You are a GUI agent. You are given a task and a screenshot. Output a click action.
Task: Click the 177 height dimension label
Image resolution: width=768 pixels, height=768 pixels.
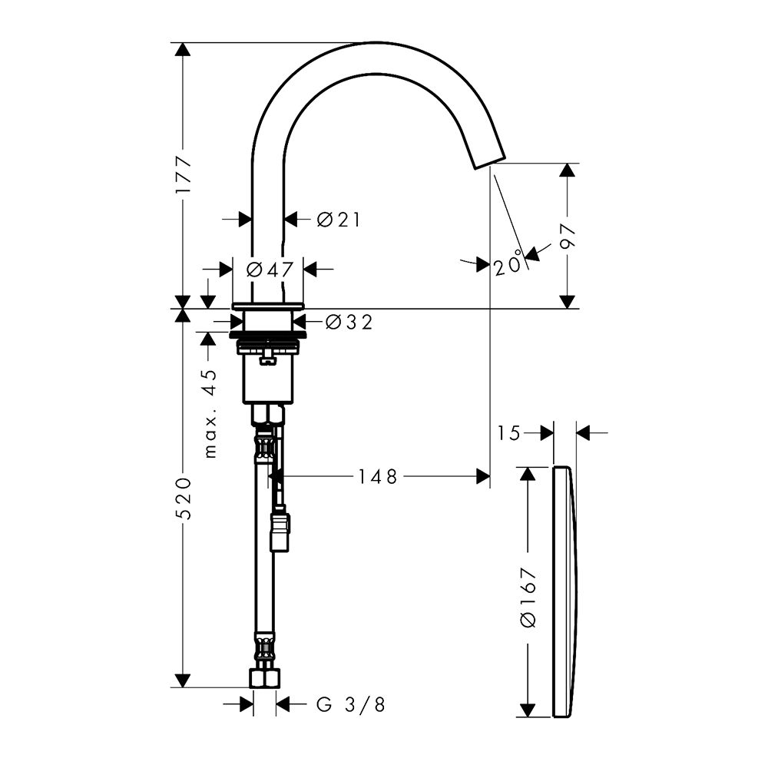[184, 175]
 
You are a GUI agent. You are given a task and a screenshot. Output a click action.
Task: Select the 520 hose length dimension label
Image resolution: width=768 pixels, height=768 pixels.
[184, 498]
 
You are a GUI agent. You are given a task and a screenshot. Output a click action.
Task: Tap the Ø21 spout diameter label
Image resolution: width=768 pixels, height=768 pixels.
[339, 220]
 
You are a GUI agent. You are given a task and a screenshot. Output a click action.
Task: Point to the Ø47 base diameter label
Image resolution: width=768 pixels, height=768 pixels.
[270, 269]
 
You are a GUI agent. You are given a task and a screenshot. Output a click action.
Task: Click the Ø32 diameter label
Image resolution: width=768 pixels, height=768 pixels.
[349, 322]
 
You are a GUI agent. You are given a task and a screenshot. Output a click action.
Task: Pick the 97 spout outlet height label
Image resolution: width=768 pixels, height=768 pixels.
[568, 237]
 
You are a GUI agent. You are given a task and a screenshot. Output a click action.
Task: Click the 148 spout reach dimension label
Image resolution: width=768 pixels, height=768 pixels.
[378, 477]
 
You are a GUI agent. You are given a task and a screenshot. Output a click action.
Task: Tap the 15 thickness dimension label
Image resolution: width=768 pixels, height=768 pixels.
[509, 433]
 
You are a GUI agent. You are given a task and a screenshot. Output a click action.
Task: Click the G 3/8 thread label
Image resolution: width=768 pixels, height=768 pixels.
[351, 705]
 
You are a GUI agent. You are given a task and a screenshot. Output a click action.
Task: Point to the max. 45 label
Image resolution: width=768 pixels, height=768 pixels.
[210, 413]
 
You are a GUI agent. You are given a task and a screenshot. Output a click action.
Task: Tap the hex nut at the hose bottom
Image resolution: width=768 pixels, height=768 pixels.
[264, 678]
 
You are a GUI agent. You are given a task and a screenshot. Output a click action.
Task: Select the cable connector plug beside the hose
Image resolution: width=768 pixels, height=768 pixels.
[280, 532]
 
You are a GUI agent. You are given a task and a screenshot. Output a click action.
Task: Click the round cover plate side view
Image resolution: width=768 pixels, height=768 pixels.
[565, 592]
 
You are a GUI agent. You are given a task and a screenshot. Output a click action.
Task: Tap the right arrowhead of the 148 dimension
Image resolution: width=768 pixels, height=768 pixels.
[483, 476]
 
